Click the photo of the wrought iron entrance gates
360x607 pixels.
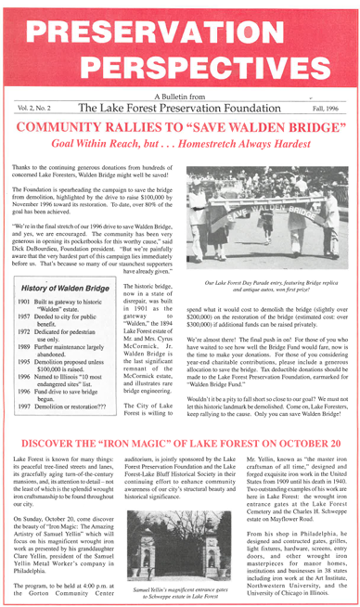pyautogui.click(x=179, y=526)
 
